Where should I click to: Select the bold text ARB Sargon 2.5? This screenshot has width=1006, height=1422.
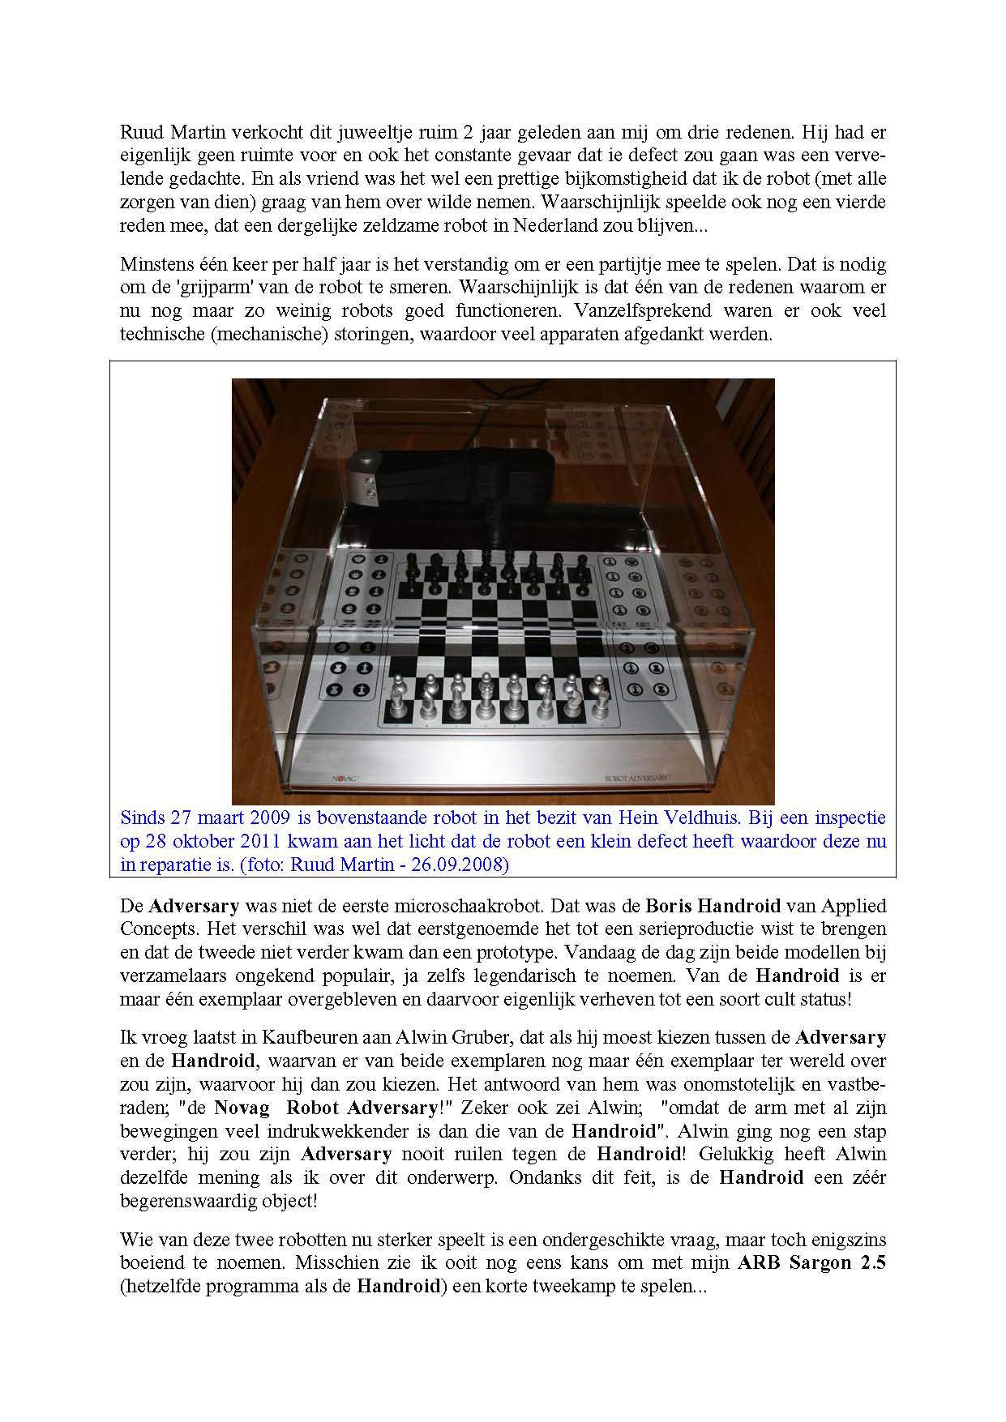click(811, 1262)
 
